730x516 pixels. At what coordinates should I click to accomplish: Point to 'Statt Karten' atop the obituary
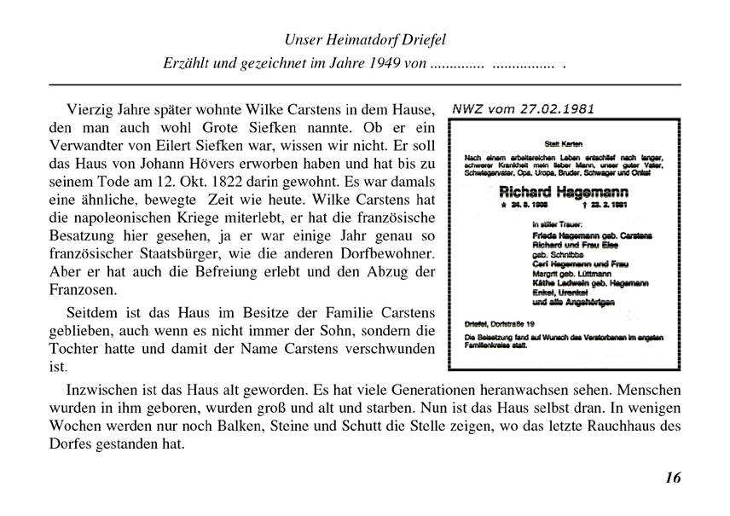pos(562,143)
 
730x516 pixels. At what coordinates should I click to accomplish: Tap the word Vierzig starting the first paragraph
pos(88,111)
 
